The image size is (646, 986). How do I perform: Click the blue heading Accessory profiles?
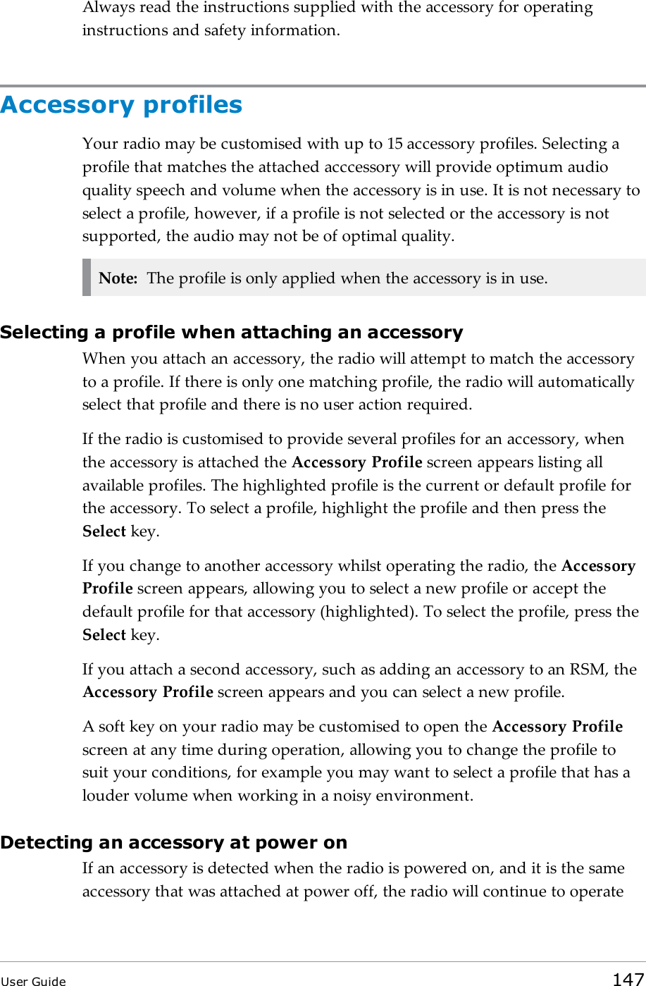click(121, 105)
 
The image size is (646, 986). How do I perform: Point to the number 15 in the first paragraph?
click(395, 144)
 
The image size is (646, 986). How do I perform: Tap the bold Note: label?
click(118, 278)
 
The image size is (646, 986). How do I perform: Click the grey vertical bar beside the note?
click(87, 278)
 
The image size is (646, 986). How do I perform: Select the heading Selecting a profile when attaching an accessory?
click(231, 332)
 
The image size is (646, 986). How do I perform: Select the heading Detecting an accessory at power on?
click(173, 842)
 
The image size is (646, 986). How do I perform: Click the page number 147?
click(627, 979)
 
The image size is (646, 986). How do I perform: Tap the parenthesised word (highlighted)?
click(366, 612)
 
